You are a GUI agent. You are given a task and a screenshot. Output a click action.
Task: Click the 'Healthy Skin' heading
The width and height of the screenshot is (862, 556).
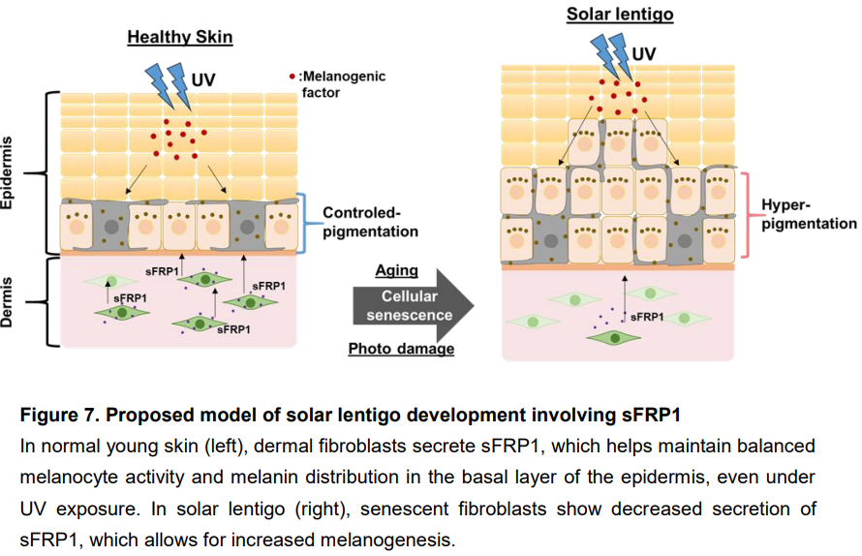[x=180, y=38]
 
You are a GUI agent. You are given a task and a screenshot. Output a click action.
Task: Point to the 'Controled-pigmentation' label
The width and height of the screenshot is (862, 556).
[x=370, y=222]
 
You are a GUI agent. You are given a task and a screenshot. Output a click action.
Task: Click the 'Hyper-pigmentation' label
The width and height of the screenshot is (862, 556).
[x=808, y=214]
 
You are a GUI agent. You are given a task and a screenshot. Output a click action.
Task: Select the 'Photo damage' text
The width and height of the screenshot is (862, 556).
[x=401, y=349]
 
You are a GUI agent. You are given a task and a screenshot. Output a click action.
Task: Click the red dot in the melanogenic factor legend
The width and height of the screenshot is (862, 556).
[x=292, y=76]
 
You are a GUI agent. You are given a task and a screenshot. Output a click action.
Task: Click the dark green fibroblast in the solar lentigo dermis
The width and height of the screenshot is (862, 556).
[x=611, y=336]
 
